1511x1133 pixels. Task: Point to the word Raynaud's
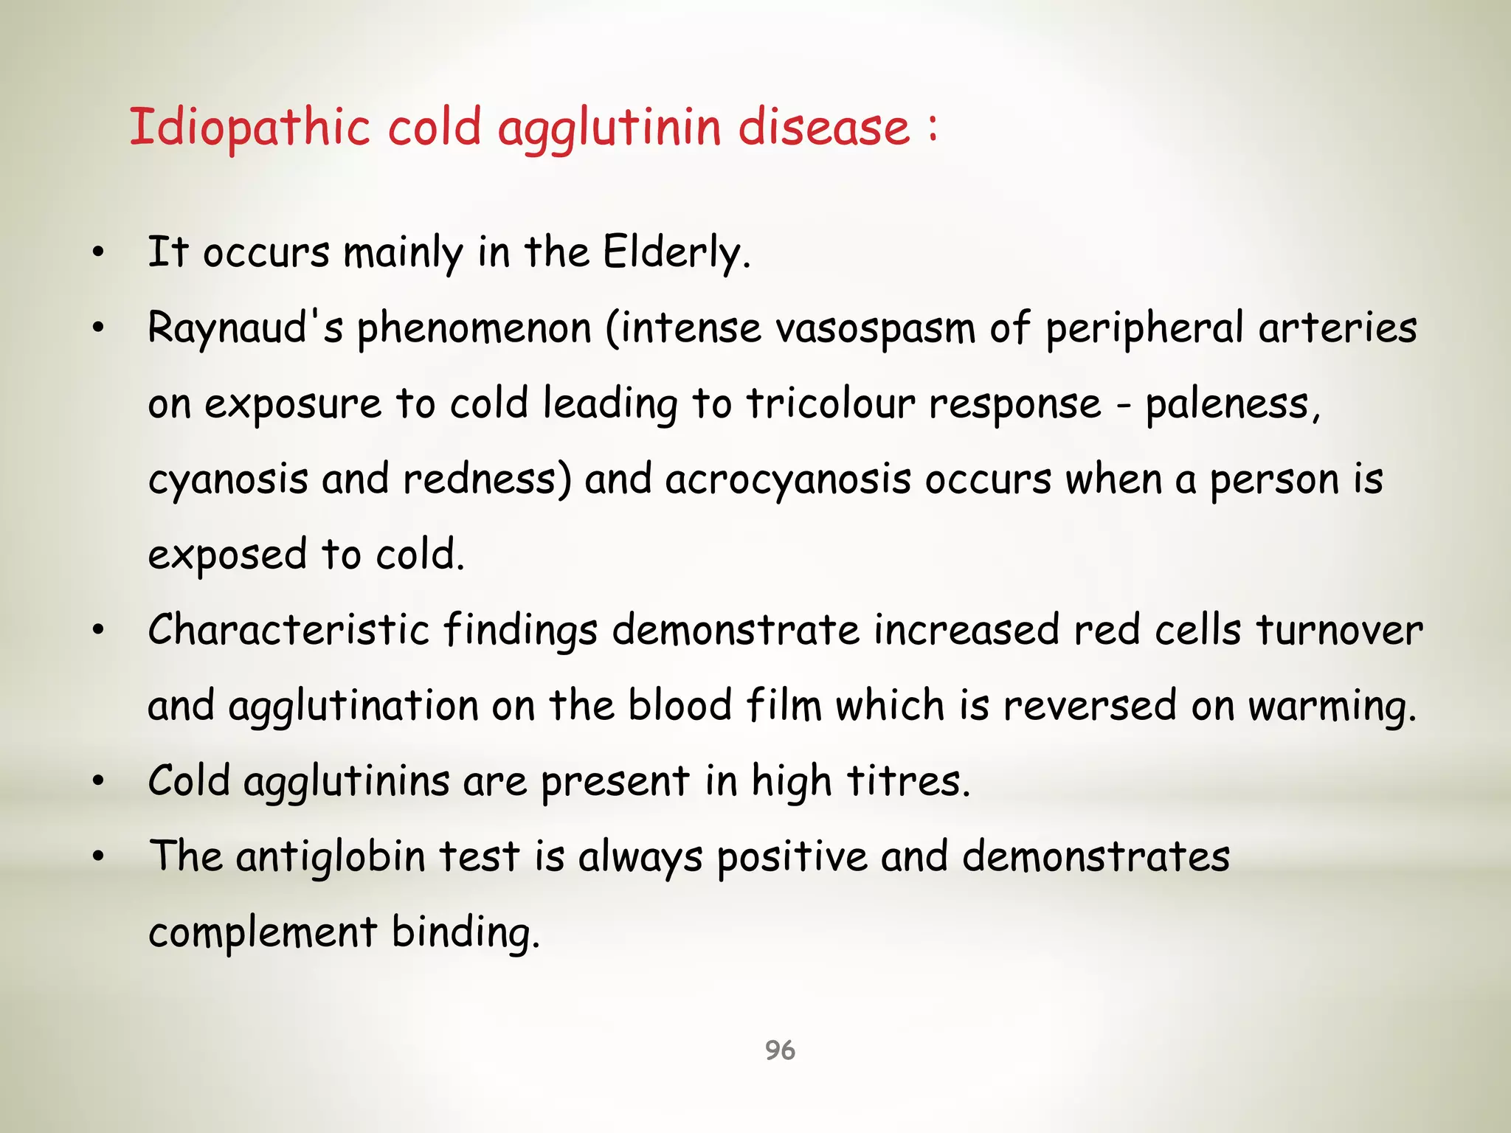pos(245,328)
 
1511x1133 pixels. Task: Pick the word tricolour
pos(830,404)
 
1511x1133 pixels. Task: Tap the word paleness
pos(1231,404)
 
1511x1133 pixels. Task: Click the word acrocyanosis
pos(788,479)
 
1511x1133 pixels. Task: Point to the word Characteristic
pos(288,630)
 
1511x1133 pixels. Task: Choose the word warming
pos(1332,707)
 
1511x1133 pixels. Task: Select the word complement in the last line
pos(263,932)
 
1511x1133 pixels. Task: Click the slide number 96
pos(780,1050)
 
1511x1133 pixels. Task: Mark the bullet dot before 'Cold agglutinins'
pos(99,782)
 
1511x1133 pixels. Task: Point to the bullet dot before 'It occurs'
pos(99,254)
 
